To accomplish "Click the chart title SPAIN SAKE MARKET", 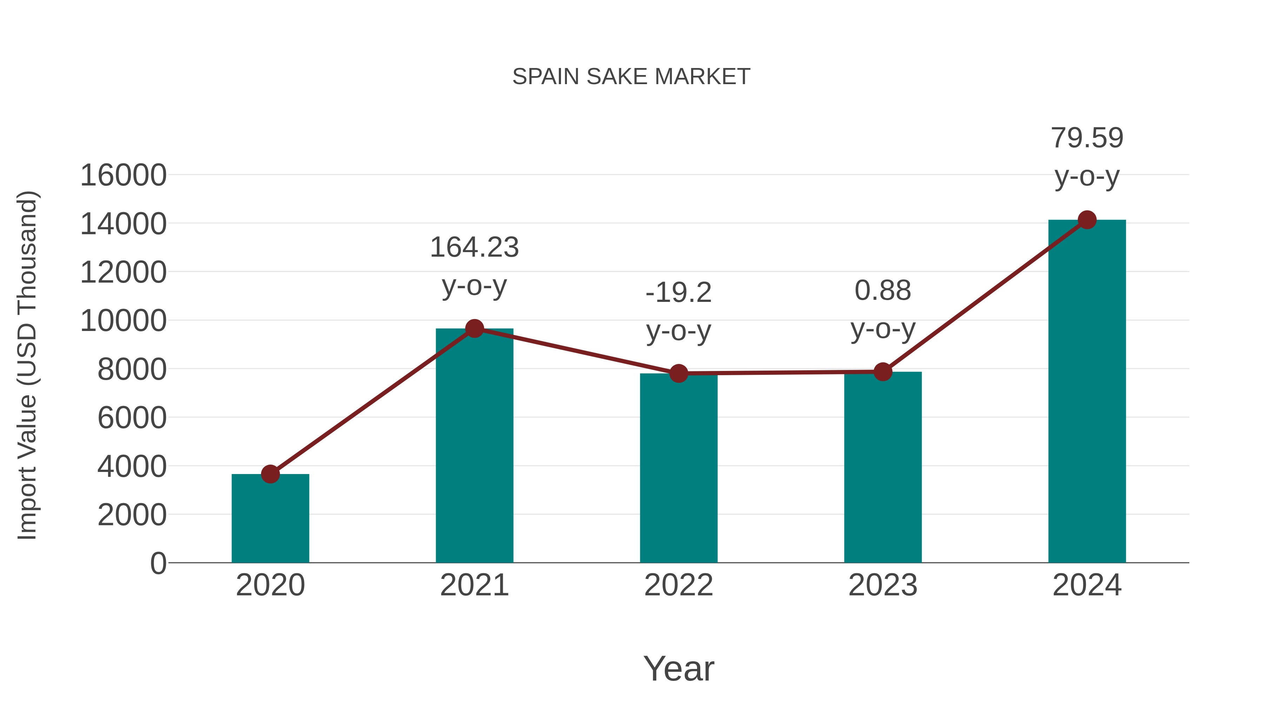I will (x=631, y=77).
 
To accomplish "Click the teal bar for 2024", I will (x=1087, y=392).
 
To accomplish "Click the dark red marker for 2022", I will (x=679, y=373).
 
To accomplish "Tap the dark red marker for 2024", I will (x=1087, y=220).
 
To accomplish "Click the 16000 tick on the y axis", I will (x=123, y=175).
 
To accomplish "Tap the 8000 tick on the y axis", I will (x=132, y=370).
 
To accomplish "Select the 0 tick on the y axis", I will (x=158, y=563).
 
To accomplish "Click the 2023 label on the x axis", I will (x=883, y=585).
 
